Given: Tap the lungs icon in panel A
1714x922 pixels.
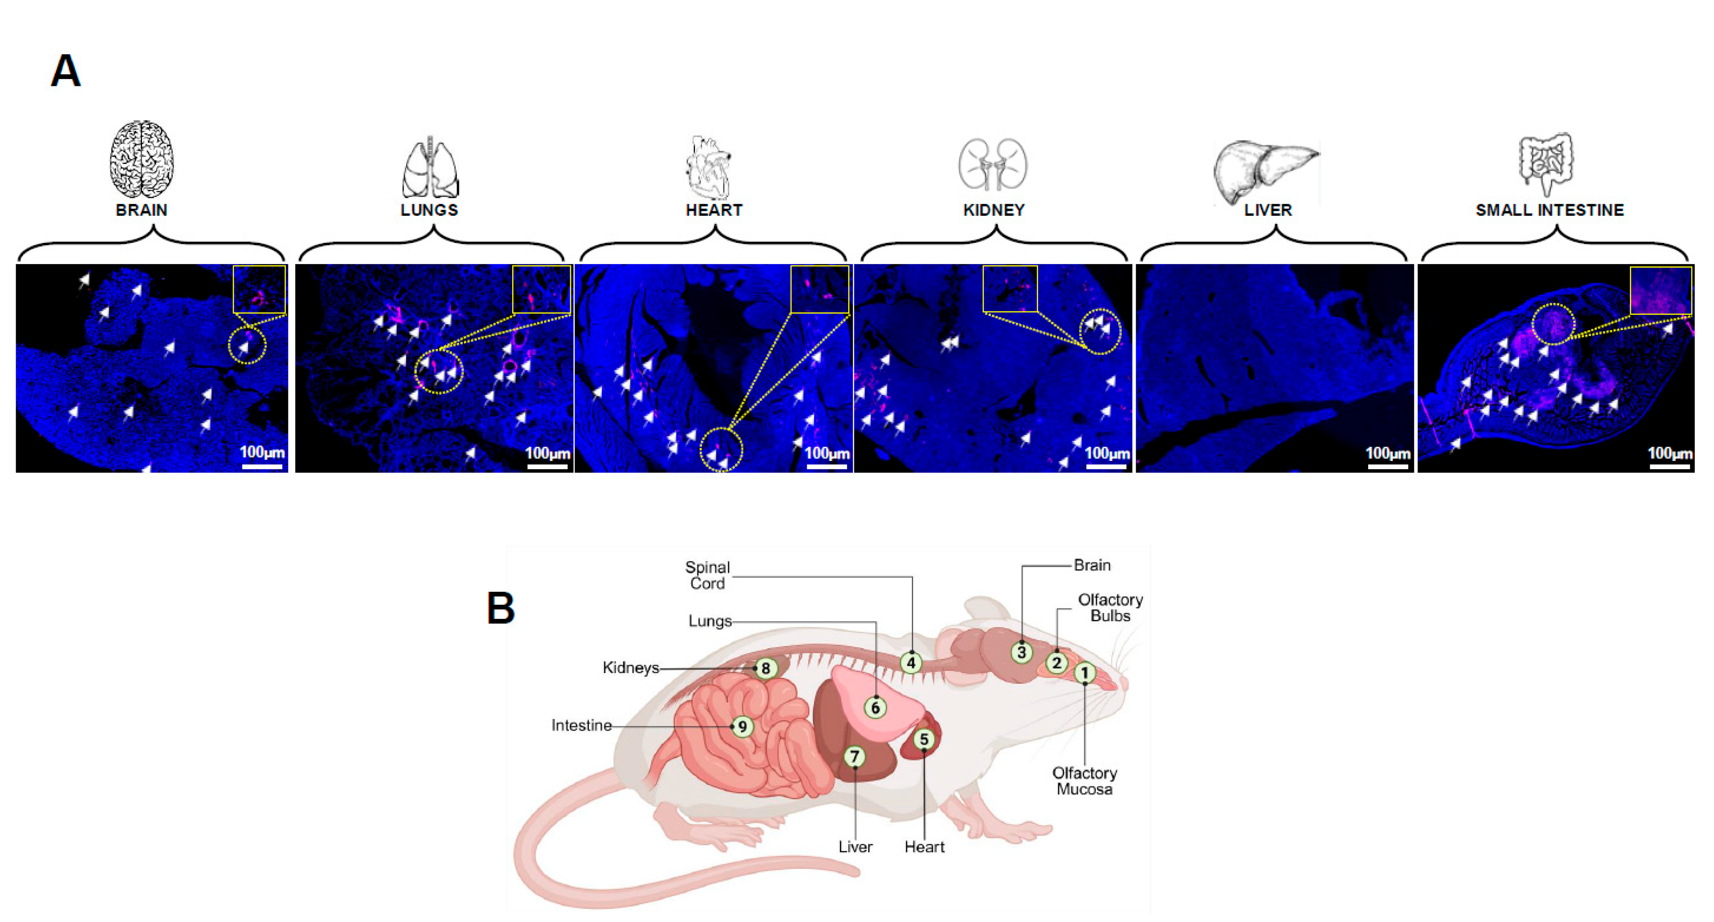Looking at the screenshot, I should point(430,168).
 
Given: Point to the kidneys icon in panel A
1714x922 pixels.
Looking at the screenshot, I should point(993,164).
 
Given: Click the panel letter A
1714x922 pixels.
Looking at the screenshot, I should point(65,71).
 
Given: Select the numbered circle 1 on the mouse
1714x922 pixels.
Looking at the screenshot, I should point(1085,673).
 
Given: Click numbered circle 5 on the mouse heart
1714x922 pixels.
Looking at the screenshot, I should point(923,739).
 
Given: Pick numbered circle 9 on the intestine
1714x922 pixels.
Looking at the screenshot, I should point(742,726).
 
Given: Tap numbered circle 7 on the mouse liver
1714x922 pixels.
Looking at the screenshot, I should point(855,756).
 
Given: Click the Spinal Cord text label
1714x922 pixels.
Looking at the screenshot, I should point(707,575).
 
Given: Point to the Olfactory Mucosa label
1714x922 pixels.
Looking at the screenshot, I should point(1085,781).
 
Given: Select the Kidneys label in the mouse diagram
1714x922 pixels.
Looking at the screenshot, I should point(631,667).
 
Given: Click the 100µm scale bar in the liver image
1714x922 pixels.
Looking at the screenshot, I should point(1388,467).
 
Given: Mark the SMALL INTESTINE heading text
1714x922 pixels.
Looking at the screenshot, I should point(1550,210).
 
